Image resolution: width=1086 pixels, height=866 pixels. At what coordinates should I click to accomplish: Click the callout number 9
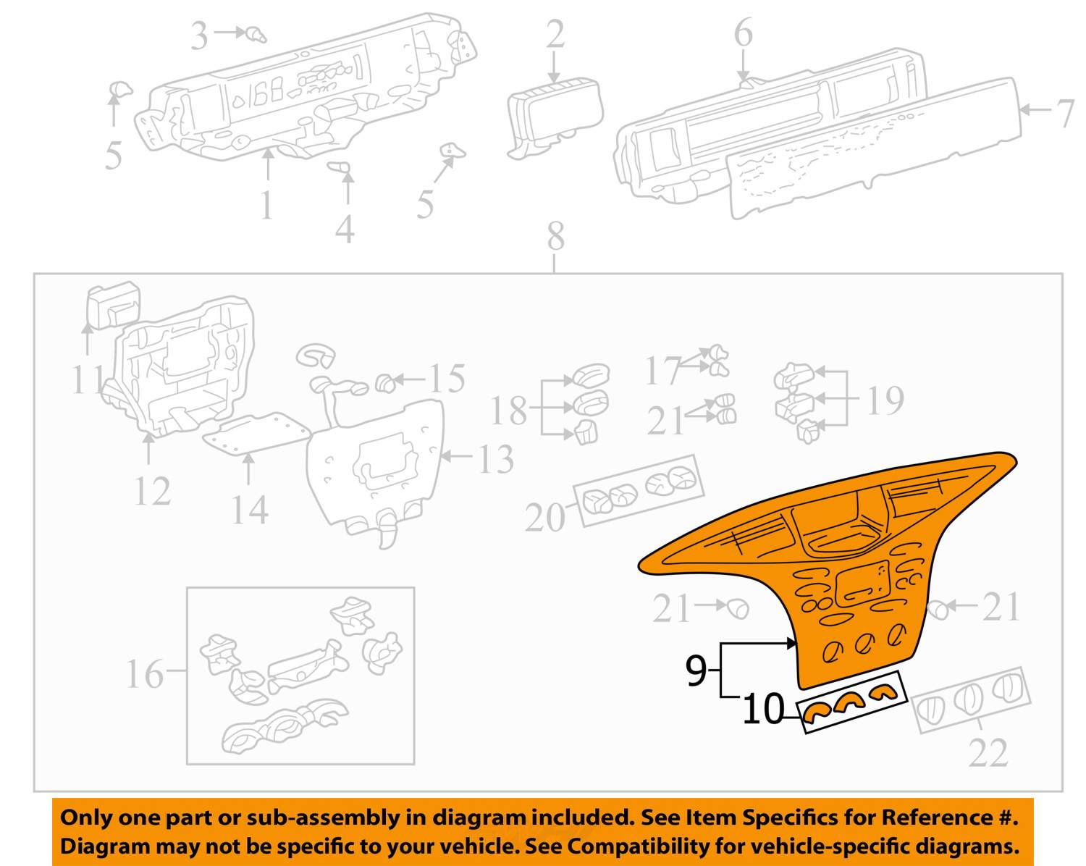696,670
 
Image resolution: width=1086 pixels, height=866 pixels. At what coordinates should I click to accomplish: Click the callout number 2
555,34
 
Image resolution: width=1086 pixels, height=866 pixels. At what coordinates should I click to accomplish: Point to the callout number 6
744,33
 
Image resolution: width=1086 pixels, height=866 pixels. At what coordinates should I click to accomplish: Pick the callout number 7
1066,113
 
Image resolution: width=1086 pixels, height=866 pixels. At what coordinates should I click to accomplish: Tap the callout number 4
345,229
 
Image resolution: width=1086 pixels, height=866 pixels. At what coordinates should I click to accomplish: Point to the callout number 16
145,673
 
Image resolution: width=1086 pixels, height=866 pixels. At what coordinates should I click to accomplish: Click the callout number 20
545,517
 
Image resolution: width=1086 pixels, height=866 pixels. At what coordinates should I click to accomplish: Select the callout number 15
447,379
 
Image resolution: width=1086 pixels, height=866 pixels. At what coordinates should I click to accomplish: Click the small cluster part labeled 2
555,117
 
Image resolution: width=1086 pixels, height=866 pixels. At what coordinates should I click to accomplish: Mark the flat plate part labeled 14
256,434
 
